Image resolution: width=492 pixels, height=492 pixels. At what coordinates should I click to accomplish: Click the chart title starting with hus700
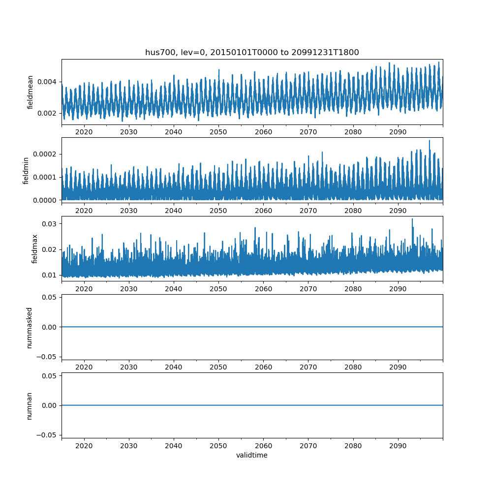pyautogui.click(x=252, y=52)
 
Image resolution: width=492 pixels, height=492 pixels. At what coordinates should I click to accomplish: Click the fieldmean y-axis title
pyautogui.click(x=31, y=92)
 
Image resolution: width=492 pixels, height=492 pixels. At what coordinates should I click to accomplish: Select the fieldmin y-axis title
pyautogui.click(x=26, y=170)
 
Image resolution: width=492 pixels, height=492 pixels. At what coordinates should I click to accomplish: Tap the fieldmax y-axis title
pyautogui.click(x=34, y=248)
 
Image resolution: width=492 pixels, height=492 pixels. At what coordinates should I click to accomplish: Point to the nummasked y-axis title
pyautogui.click(x=30, y=327)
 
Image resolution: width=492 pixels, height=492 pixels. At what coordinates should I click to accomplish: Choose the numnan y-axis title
pyautogui.click(x=30, y=405)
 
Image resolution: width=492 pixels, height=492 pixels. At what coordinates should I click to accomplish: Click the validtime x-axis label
pyautogui.click(x=252, y=455)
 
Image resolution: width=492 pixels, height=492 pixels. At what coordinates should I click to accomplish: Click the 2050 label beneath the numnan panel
pyautogui.click(x=218, y=445)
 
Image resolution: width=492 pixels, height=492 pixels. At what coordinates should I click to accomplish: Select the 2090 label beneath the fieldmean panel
pyautogui.click(x=398, y=132)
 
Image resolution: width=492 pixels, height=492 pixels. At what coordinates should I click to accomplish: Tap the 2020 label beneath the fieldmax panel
pyautogui.click(x=84, y=289)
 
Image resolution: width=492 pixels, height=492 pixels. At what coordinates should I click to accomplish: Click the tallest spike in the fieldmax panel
pyautogui.click(x=412, y=219)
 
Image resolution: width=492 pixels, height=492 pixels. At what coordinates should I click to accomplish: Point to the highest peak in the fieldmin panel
pyautogui.click(x=429, y=141)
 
